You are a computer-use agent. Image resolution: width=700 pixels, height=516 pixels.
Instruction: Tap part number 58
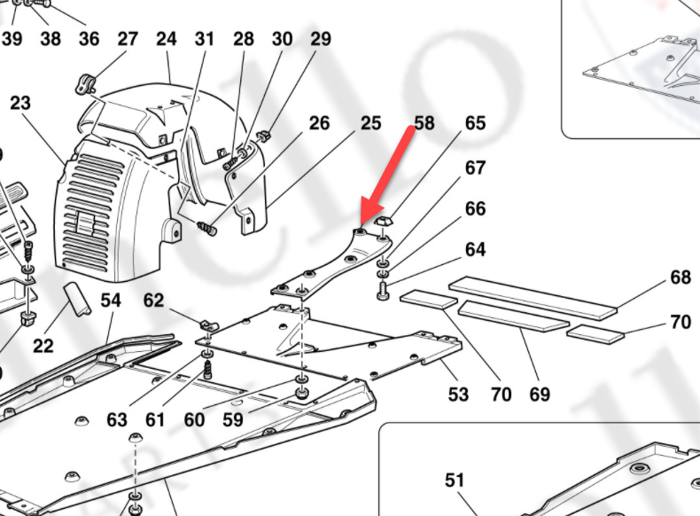click(x=424, y=122)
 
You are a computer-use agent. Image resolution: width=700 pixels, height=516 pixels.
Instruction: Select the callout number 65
click(x=476, y=122)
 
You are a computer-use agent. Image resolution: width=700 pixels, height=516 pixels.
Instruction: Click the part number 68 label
click(x=680, y=278)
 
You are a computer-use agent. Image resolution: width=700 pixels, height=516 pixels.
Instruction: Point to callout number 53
click(x=458, y=394)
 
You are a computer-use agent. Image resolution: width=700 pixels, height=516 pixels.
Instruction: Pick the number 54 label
click(x=110, y=301)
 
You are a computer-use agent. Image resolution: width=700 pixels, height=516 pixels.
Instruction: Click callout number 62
click(x=154, y=301)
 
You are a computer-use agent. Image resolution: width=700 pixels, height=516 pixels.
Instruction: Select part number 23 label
click(x=20, y=103)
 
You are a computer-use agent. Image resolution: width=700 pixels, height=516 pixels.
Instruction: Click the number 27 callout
click(x=128, y=39)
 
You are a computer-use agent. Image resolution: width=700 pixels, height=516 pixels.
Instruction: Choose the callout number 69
click(x=540, y=394)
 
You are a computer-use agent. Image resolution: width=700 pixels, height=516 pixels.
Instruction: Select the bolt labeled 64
click(x=383, y=289)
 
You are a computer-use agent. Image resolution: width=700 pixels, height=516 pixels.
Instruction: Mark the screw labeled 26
click(x=207, y=229)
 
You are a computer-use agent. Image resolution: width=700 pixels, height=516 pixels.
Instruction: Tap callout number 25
click(x=371, y=122)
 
